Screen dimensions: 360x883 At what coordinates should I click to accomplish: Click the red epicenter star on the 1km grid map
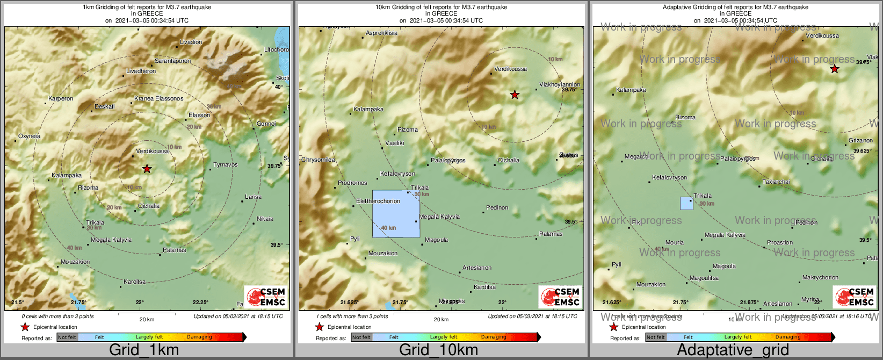[x=147, y=169]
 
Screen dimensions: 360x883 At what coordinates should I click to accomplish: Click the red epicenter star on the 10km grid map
[x=515, y=95]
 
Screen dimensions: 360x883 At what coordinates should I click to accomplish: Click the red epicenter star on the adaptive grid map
[x=834, y=69]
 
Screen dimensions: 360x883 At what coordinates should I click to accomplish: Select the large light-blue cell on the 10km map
[x=396, y=214]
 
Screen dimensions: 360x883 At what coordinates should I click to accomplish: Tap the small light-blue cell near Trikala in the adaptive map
[x=686, y=203]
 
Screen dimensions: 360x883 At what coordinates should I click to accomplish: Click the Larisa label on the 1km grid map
[x=253, y=197]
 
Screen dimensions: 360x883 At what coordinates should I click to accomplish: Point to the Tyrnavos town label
[x=225, y=164]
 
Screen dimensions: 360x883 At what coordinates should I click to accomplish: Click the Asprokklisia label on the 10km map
[x=381, y=33]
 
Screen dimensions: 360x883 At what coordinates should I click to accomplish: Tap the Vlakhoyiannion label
[x=559, y=84]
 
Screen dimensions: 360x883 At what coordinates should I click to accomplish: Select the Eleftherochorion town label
[x=378, y=201]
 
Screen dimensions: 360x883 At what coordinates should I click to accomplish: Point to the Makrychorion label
[x=820, y=277]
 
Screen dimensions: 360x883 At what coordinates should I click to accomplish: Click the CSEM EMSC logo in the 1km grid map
[x=265, y=297]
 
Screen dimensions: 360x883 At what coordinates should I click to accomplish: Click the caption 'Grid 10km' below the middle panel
[x=438, y=350]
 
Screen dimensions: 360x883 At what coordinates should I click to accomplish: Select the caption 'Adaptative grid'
[x=733, y=350]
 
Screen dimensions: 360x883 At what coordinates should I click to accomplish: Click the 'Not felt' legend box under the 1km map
[x=67, y=337]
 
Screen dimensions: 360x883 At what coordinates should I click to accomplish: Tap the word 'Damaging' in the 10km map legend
[x=493, y=337]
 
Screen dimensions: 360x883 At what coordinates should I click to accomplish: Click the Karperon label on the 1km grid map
[x=61, y=98]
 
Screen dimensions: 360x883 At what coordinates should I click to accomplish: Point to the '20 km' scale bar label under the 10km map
[x=441, y=319]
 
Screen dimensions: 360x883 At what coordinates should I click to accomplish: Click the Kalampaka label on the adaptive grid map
[x=631, y=90]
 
